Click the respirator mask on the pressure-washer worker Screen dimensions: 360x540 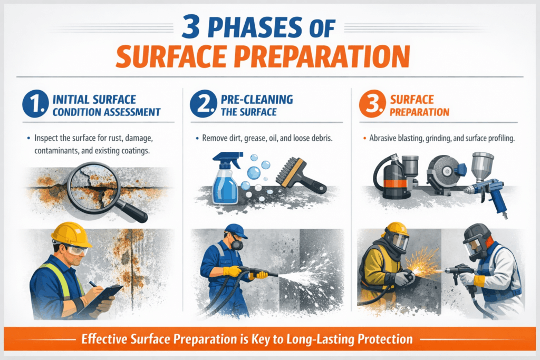(237, 245)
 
